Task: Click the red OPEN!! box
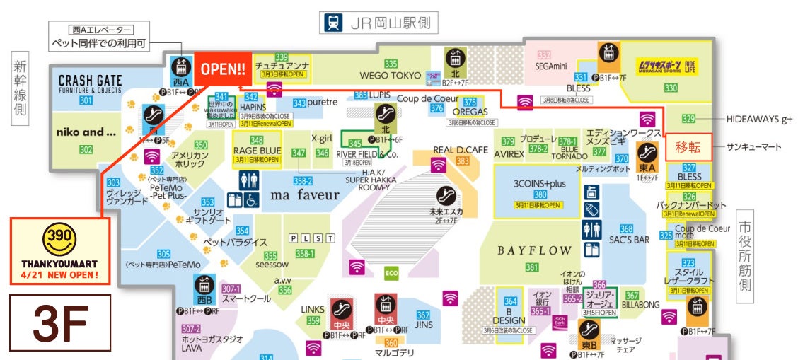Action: tap(223, 69)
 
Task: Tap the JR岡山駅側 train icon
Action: tap(331, 23)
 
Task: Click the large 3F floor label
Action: tap(60, 323)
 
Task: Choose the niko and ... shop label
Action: tap(86, 132)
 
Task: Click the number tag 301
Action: tap(86, 100)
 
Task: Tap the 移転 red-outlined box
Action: tap(688, 147)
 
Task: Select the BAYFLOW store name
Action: tap(533, 250)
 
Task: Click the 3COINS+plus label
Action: tap(540, 184)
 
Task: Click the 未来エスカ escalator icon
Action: tap(445, 194)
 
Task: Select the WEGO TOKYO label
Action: tap(390, 75)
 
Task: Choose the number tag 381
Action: tap(531, 267)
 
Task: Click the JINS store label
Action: tap(423, 325)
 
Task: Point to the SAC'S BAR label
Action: tap(629, 240)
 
